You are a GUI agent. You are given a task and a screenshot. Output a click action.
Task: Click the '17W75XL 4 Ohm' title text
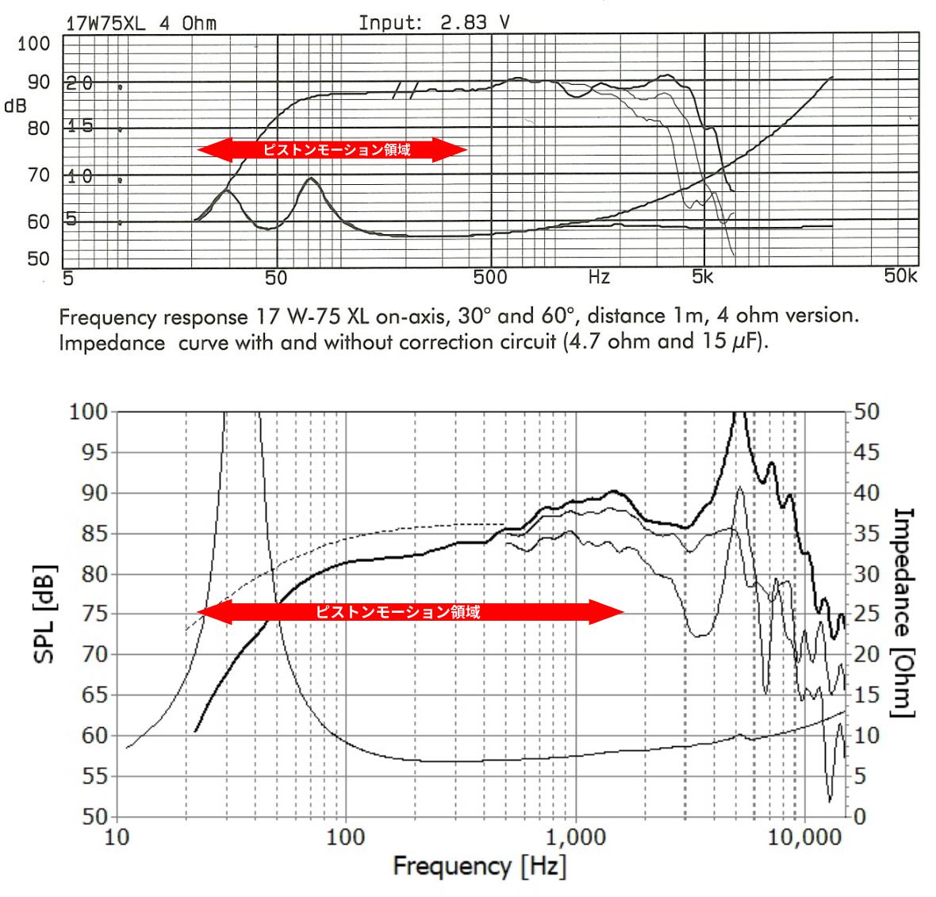click(140, 23)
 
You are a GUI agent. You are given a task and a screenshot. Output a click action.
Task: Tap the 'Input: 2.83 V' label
click(434, 22)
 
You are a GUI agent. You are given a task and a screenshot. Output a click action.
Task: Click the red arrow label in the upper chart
click(336, 149)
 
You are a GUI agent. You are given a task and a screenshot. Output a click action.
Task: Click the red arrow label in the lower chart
click(397, 612)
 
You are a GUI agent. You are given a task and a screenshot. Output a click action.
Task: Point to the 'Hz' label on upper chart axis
click(599, 277)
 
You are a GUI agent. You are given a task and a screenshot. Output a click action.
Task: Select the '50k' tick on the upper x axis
click(900, 276)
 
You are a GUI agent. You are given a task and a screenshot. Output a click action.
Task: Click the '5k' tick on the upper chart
click(703, 277)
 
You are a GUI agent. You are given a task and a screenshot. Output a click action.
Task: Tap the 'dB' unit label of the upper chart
click(15, 106)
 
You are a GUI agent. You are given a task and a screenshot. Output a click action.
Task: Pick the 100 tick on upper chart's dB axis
click(33, 44)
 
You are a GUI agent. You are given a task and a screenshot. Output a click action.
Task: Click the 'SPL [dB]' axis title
click(45, 614)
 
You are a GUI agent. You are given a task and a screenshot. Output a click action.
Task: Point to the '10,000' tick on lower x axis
click(804, 837)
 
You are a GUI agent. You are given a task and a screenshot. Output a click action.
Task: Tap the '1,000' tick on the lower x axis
click(574, 837)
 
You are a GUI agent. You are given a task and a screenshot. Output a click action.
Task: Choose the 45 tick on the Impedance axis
click(867, 452)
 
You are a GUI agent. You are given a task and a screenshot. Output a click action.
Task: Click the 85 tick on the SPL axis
click(94, 533)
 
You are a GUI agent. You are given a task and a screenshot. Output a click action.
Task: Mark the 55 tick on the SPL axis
click(94, 776)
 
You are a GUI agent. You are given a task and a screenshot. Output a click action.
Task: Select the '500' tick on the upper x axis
click(490, 277)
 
